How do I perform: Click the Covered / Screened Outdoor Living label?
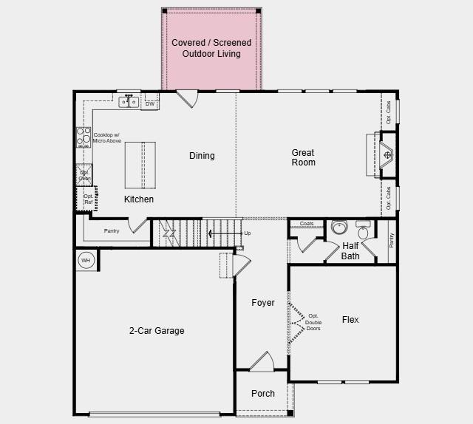[x=211, y=48]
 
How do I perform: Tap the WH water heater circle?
[x=86, y=261]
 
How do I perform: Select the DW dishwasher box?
[x=150, y=104]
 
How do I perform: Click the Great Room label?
[x=303, y=157]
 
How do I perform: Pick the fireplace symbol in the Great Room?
[x=388, y=155]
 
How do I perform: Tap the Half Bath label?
[x=350, y=251]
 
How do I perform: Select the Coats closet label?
[x=307, y=223]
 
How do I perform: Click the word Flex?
[x=350, y=320]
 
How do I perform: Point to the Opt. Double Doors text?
[x=313, y=323]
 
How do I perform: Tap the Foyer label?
[x=263, y=303]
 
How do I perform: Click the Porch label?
[x=263, y=394]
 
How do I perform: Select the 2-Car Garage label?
[x=157, y=331]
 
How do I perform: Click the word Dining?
[x=202, y=156]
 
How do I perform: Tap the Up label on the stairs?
[x=247, y=233]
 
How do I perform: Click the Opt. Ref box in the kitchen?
[x=87, y=199]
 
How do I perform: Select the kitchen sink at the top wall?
[x=129, y=102]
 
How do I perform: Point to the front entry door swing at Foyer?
[x=261, y=362]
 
